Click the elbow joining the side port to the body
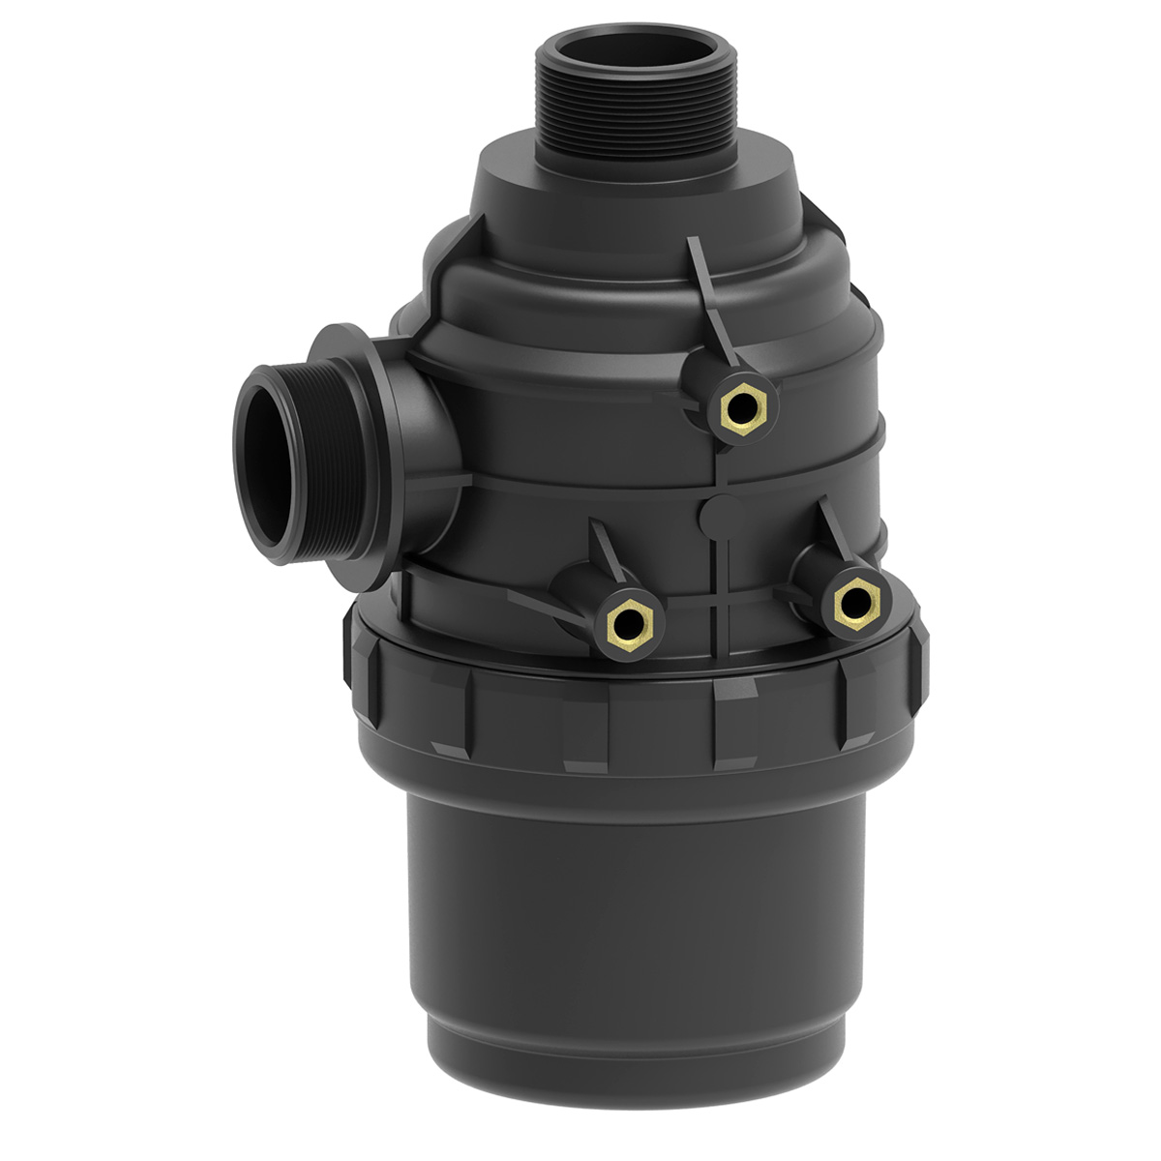click(x=426, y=426)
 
